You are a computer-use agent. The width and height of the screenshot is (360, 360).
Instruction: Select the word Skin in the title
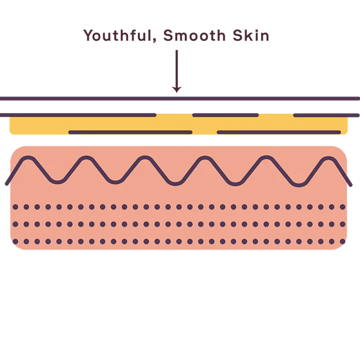click(x=251, y=36)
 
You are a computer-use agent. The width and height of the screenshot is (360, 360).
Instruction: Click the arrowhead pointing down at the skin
click(x=177, y=88)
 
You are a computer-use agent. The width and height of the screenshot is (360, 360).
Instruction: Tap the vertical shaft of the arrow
click(x=177, y=66)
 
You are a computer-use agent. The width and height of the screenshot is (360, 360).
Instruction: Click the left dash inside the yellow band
click(x=130, y=133)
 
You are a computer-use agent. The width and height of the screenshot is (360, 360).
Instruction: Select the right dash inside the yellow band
click(x=279, y=133)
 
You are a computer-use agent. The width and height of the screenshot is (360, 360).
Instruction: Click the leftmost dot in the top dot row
click(x=15, y=207)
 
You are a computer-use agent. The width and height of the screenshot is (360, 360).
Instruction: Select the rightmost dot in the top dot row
click(x=342, y=207)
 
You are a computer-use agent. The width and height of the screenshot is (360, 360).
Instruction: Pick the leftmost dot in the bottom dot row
click(x=15, y=241)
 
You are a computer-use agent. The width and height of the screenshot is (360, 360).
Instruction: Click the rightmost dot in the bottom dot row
click(x=342, y=241)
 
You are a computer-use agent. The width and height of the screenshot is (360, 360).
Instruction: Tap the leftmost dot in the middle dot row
click(x=15, y=224)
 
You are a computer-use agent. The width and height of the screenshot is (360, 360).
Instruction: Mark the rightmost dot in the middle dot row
click(x=342, y=224)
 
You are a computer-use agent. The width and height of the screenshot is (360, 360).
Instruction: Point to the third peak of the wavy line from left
click(x=145, y=158)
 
